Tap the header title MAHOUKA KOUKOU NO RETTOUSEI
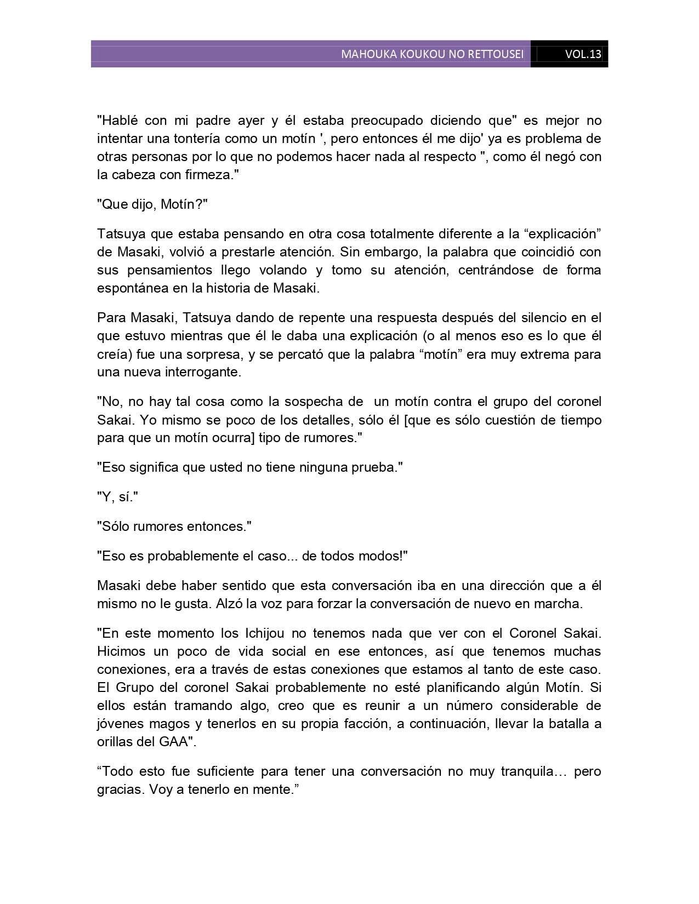point(432,54)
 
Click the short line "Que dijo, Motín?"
point(152,204)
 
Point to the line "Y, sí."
point(117,497)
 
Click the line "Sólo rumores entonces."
point(174,527)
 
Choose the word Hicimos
point(122,651)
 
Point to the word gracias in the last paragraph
point(121,789)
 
